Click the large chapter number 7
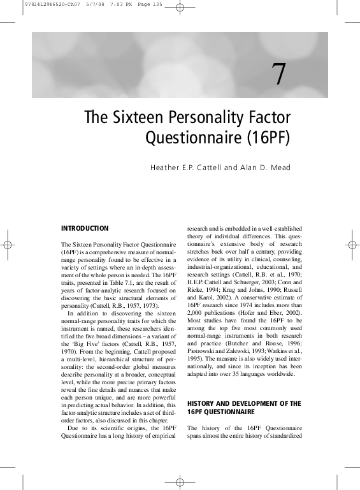click(279, 75)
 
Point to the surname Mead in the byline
click(280, 168)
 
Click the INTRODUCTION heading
click(85, 228)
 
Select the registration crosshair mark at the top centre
click(180, 8)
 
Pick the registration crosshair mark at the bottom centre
click(180, 482)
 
